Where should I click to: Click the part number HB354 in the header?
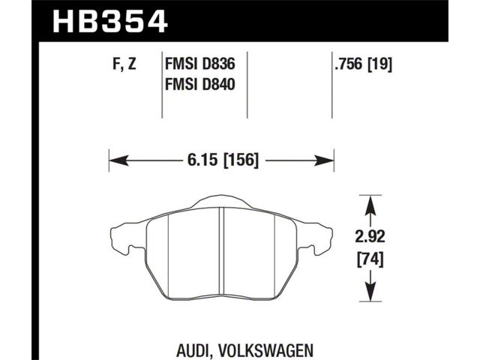pos(110,22)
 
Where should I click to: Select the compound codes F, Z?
pos(124,64)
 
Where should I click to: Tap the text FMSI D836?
pos(200,64)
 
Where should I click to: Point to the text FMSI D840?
pos(200,84)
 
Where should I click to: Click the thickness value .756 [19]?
pos(363,64)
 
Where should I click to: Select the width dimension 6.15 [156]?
pos(223,160)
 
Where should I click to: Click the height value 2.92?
pos(370,237)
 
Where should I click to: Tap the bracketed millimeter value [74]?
pos(370,260)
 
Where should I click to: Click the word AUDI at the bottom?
pos(193,350)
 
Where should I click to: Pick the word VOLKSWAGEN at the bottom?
pos(265,350)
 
